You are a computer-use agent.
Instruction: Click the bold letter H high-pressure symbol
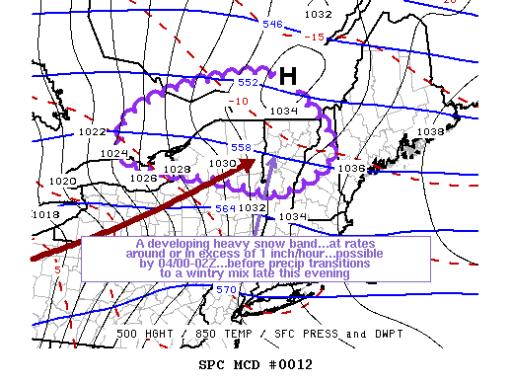click(287, 76)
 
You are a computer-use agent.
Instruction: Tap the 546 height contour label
click(272, 25)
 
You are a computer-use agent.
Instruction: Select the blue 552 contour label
click(248, 83)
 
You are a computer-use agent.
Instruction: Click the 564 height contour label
click(226, 208)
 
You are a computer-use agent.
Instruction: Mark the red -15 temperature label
click(316, 38)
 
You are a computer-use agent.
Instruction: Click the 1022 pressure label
click(93, 131)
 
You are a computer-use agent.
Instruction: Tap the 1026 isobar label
click(143, 178)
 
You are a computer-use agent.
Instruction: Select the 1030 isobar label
click(222, 163)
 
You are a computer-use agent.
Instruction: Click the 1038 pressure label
click(431, 131)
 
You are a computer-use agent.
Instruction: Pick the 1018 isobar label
click(45, 214)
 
